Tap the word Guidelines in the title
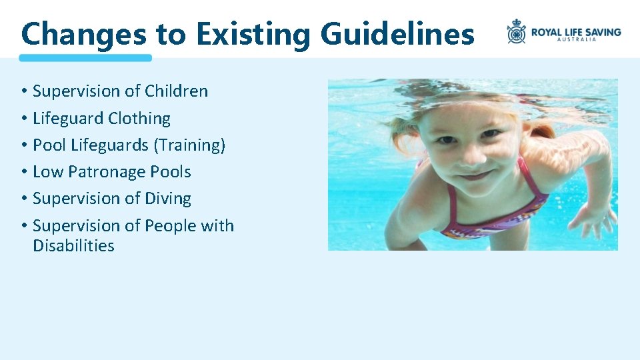click(397, 33)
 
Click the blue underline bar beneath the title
click(85, 58)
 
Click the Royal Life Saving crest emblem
click(516, 31)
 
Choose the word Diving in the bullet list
click(168, 199)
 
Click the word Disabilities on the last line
click(73, 245)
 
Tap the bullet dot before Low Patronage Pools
click(23, 172)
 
